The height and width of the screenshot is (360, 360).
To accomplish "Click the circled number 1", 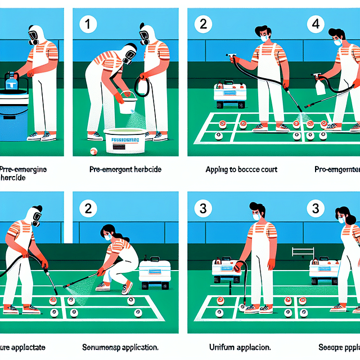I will (88, 25).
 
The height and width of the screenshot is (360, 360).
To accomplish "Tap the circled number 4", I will (317, 25).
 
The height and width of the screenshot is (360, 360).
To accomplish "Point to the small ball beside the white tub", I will (94, 151).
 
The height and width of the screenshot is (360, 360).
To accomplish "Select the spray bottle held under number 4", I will (319, 86).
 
